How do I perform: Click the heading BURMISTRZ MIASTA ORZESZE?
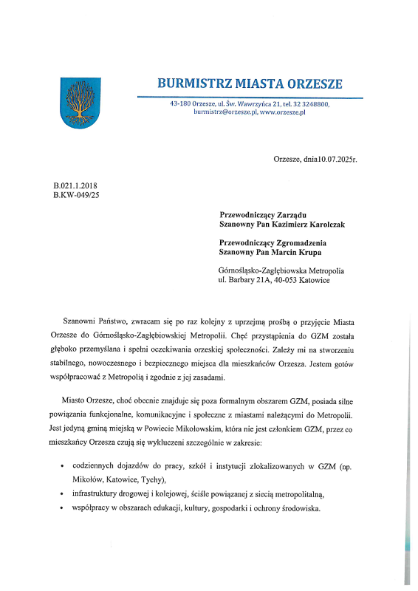[250, 83]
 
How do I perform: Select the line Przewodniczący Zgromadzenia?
[273, 242]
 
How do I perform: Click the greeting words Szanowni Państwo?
[96, 321]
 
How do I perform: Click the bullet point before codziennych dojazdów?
[61, 468]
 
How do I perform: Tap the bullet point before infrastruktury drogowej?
[61, 494]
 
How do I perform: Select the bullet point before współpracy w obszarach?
[61, 509]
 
